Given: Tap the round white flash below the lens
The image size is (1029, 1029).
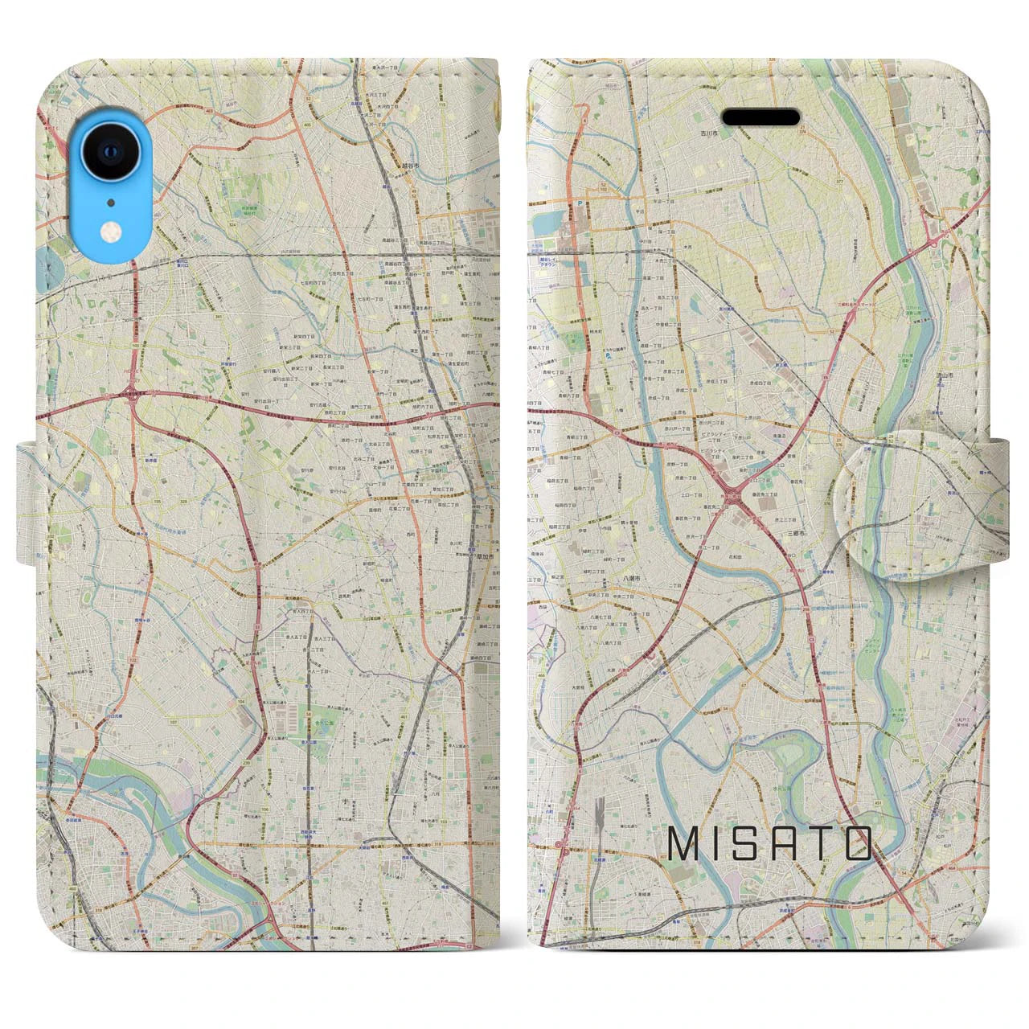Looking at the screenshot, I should pyautogui.click(x=109, y=232).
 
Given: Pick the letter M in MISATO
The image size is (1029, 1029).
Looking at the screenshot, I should pyautogui.click(x=683, y=843).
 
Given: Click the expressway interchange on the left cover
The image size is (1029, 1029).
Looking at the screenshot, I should pyautogui.click(x=131, y=393).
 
